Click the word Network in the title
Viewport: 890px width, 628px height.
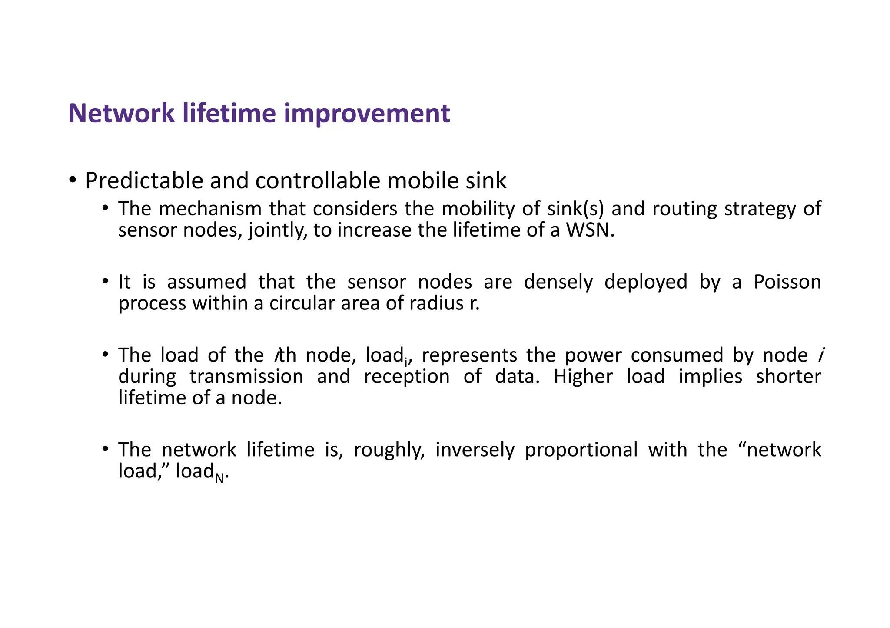[121, 113]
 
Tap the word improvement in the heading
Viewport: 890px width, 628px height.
[367, 113]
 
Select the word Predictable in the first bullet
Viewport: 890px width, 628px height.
[144, 181]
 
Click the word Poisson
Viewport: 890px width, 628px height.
[787, 282]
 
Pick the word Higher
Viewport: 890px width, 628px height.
[583, 376]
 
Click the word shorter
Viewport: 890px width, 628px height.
[788, 376]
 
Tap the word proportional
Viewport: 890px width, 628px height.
[581, 450]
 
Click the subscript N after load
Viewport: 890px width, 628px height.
[219, 478]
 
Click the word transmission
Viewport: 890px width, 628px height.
[246, 376]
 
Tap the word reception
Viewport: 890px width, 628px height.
[407, 376]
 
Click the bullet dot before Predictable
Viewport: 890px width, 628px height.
[73, 179]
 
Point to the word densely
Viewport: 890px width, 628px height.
[558, 282]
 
